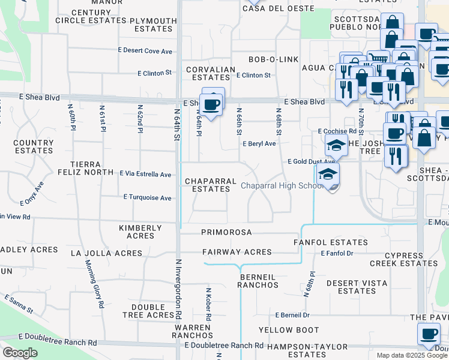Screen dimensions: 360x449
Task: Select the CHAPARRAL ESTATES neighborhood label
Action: tap(207, 185)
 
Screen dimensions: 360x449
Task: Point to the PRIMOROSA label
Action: tap(226, 232)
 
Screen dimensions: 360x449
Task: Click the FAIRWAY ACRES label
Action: tap(237, 252)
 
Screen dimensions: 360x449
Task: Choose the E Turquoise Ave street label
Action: tap(148, 197)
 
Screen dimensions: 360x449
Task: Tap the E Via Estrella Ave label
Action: tap(146, 174)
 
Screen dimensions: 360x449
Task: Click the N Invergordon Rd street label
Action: tap(178, 288)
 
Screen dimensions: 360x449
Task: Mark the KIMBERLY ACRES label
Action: tap(140, 232)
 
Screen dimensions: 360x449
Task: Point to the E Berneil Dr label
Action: tap(292, 315)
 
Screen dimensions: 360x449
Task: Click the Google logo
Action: tap(20, 353)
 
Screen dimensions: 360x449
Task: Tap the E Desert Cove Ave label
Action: tap(147, 51)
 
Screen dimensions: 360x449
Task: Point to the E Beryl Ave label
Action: tap(259, 144)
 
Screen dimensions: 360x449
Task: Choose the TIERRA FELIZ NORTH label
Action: tap(92, 168)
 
